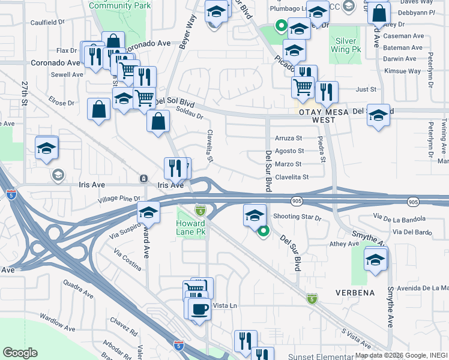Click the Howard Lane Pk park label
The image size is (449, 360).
(x=191, y=227)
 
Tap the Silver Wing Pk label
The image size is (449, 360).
(x=345, y=45)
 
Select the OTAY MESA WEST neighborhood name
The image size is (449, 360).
(x=324, y=116)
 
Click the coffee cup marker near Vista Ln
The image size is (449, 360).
(x=199, y=310)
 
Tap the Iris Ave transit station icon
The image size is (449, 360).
(x=143, y=179)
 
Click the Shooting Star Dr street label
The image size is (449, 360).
(x=297, y=217)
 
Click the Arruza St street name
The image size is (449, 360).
(x=289, y=139)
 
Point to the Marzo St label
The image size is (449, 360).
(x=289, y=164)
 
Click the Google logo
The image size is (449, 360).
(x=20, y=353)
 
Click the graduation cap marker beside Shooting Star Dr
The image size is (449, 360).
(x=255, y=215)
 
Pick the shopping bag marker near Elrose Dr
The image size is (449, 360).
(x=98, y=110)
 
